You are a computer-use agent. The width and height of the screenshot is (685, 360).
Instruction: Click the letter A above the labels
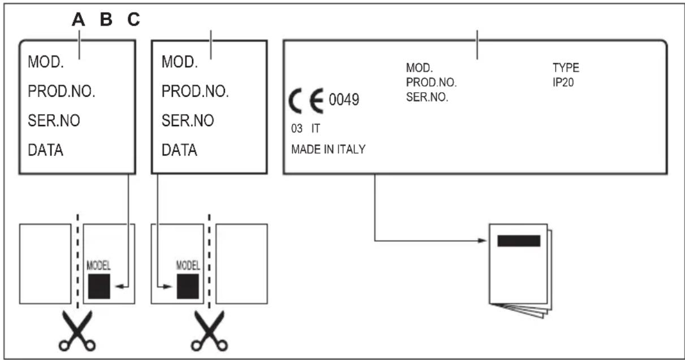pyautogui.click(x=79, y=20)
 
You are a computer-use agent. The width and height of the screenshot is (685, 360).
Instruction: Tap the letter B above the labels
pyautogui.click(x=106, y=20)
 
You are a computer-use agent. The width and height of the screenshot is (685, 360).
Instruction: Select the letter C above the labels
pyautogui.click(x=133, y=20)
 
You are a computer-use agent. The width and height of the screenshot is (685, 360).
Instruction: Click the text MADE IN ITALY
pyautogui.click(x=328, y=150)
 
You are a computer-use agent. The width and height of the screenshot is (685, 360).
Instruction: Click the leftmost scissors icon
pyautogui.click(x=78, y=333)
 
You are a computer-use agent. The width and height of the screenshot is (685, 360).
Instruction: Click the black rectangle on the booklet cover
pyautogui.click(x=518, y=241)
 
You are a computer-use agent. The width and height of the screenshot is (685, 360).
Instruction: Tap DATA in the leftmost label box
pyautogui.click(x=46, y=151)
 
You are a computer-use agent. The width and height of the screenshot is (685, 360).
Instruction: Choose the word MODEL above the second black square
pyautogui.click(x=189, y=264)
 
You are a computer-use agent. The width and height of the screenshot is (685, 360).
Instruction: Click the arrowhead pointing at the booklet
pyautogui.click(x=483, y=240)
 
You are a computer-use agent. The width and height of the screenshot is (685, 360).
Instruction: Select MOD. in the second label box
pyautogui.click(x=179, y=61)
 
